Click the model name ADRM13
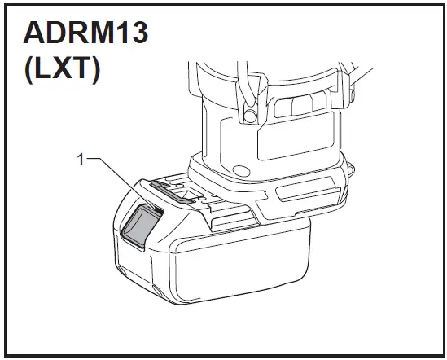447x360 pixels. (x=85, y=33)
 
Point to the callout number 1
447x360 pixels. (x=81, y=160)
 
